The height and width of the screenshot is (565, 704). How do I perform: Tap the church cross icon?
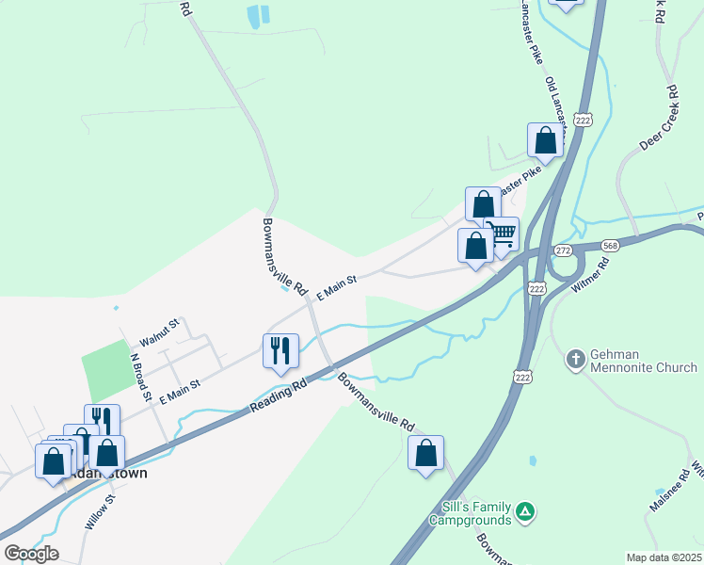[576, 359]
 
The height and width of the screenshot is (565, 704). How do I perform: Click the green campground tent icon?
[527, 514]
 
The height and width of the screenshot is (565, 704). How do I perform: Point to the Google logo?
[31, 553]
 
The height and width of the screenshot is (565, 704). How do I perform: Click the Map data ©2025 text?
[663, 557]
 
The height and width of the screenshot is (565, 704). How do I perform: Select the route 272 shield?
[563, 250]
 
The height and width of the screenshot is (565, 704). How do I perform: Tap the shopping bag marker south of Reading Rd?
[426, 453]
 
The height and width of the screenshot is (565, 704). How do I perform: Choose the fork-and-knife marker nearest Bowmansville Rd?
[280, 351]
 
